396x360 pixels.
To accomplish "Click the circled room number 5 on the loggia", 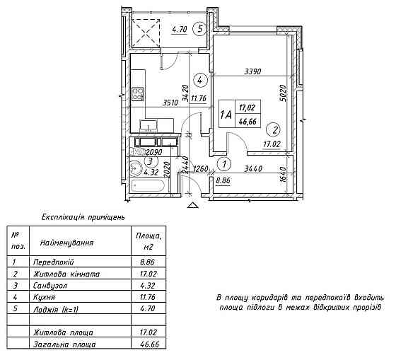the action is (199, 29).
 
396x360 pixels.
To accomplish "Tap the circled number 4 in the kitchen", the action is (200, 81).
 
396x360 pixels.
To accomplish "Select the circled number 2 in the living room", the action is (274, 130).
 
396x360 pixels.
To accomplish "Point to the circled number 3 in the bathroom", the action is (151, 161).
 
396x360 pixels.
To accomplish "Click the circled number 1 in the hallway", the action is (224, 164).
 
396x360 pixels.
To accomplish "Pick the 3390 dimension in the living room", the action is (252, 71).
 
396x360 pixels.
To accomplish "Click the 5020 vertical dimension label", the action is (284, 93).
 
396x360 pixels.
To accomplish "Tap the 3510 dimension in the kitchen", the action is (170, 103).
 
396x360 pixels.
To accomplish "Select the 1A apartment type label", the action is (226, 115).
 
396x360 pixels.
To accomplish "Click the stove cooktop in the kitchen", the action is (138, 94).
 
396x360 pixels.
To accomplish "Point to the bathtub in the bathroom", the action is (148, 186).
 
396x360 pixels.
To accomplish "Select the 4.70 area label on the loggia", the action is (180, 30).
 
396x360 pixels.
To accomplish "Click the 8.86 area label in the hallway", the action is (223, 180).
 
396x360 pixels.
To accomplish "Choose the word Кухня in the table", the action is (44, 297).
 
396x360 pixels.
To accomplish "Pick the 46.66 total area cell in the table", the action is (148, 344).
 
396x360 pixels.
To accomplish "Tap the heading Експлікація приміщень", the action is (83, 217).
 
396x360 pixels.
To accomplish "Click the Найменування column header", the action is (66, 243).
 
